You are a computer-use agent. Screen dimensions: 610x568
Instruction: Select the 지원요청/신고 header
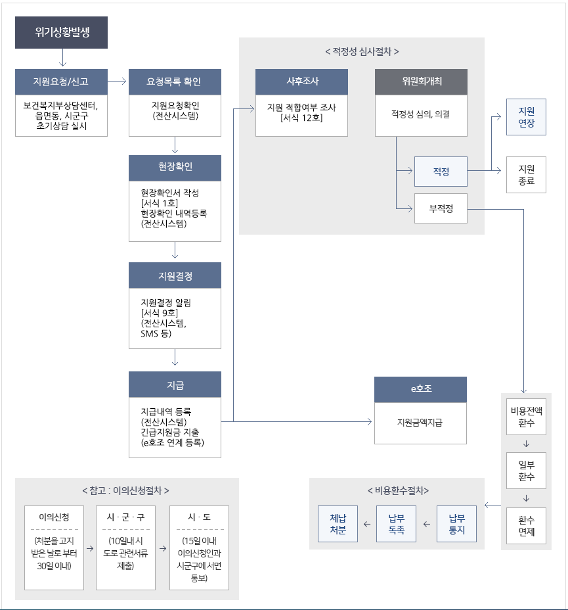(x=61, y=82)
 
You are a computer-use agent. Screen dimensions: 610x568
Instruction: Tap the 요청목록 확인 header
(x=175, y=82)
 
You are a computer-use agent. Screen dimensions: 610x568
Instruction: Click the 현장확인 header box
(x=175, y=168)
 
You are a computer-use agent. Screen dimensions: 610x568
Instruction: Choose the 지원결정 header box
(x=175, y=275)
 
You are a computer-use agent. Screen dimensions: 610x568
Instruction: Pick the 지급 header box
(x=175, y=385)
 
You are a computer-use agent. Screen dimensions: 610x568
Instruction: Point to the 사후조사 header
(x=301, y=82)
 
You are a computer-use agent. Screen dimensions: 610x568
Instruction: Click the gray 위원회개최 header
(x=421, y=82)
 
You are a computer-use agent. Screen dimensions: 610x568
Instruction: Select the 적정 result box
(x=441, y=172)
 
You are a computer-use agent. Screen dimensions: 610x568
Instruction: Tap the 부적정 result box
(x=441, y=209)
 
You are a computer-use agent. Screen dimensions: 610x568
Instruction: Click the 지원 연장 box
(x=526, y=117)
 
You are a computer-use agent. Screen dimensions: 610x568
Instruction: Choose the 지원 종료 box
(x=526, y=175)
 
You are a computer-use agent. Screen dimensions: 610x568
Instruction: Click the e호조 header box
(x=421, y=389)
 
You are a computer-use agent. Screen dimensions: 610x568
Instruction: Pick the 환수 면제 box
(x=526, y=526)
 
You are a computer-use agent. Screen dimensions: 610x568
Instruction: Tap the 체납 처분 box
(x=338, y=524)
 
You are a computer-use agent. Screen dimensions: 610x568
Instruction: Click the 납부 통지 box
(x=456, y=524)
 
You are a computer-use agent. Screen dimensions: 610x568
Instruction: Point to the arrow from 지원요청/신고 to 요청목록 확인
(x=117, y=82)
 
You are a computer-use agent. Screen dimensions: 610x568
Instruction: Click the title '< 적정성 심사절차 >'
(x=362, y=51)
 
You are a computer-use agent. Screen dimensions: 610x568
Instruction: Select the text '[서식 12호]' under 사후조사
(x=301, y=118)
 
